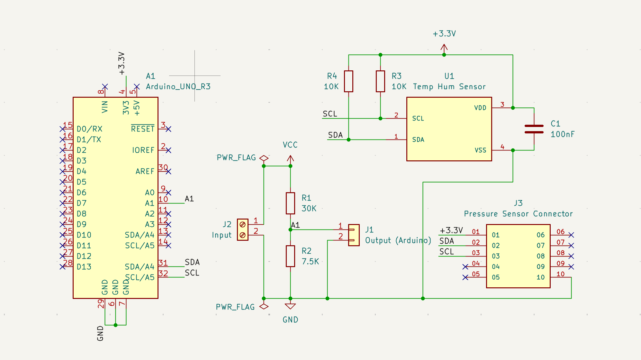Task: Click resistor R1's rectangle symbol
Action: (290, 203)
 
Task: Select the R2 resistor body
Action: (290, 256)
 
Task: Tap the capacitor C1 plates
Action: (534, 129)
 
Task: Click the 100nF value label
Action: (562, 134)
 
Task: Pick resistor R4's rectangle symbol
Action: (348, 81)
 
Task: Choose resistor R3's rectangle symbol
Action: (380, 81)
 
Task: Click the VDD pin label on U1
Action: (480, 108)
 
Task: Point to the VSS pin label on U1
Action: (480, 150)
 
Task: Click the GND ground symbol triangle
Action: (290, 306)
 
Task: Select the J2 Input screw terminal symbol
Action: (243, 230)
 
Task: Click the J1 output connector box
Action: (354, 235)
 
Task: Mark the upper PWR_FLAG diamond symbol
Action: (264, 158)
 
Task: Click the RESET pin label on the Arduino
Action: (143, 129)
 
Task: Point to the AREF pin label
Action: (145, 171)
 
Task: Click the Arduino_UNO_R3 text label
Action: (178, 86)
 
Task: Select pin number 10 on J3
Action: (560, 274)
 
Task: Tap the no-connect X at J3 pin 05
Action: (465, 277)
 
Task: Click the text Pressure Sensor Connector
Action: (518, 214)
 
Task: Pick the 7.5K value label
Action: (310, 262)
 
